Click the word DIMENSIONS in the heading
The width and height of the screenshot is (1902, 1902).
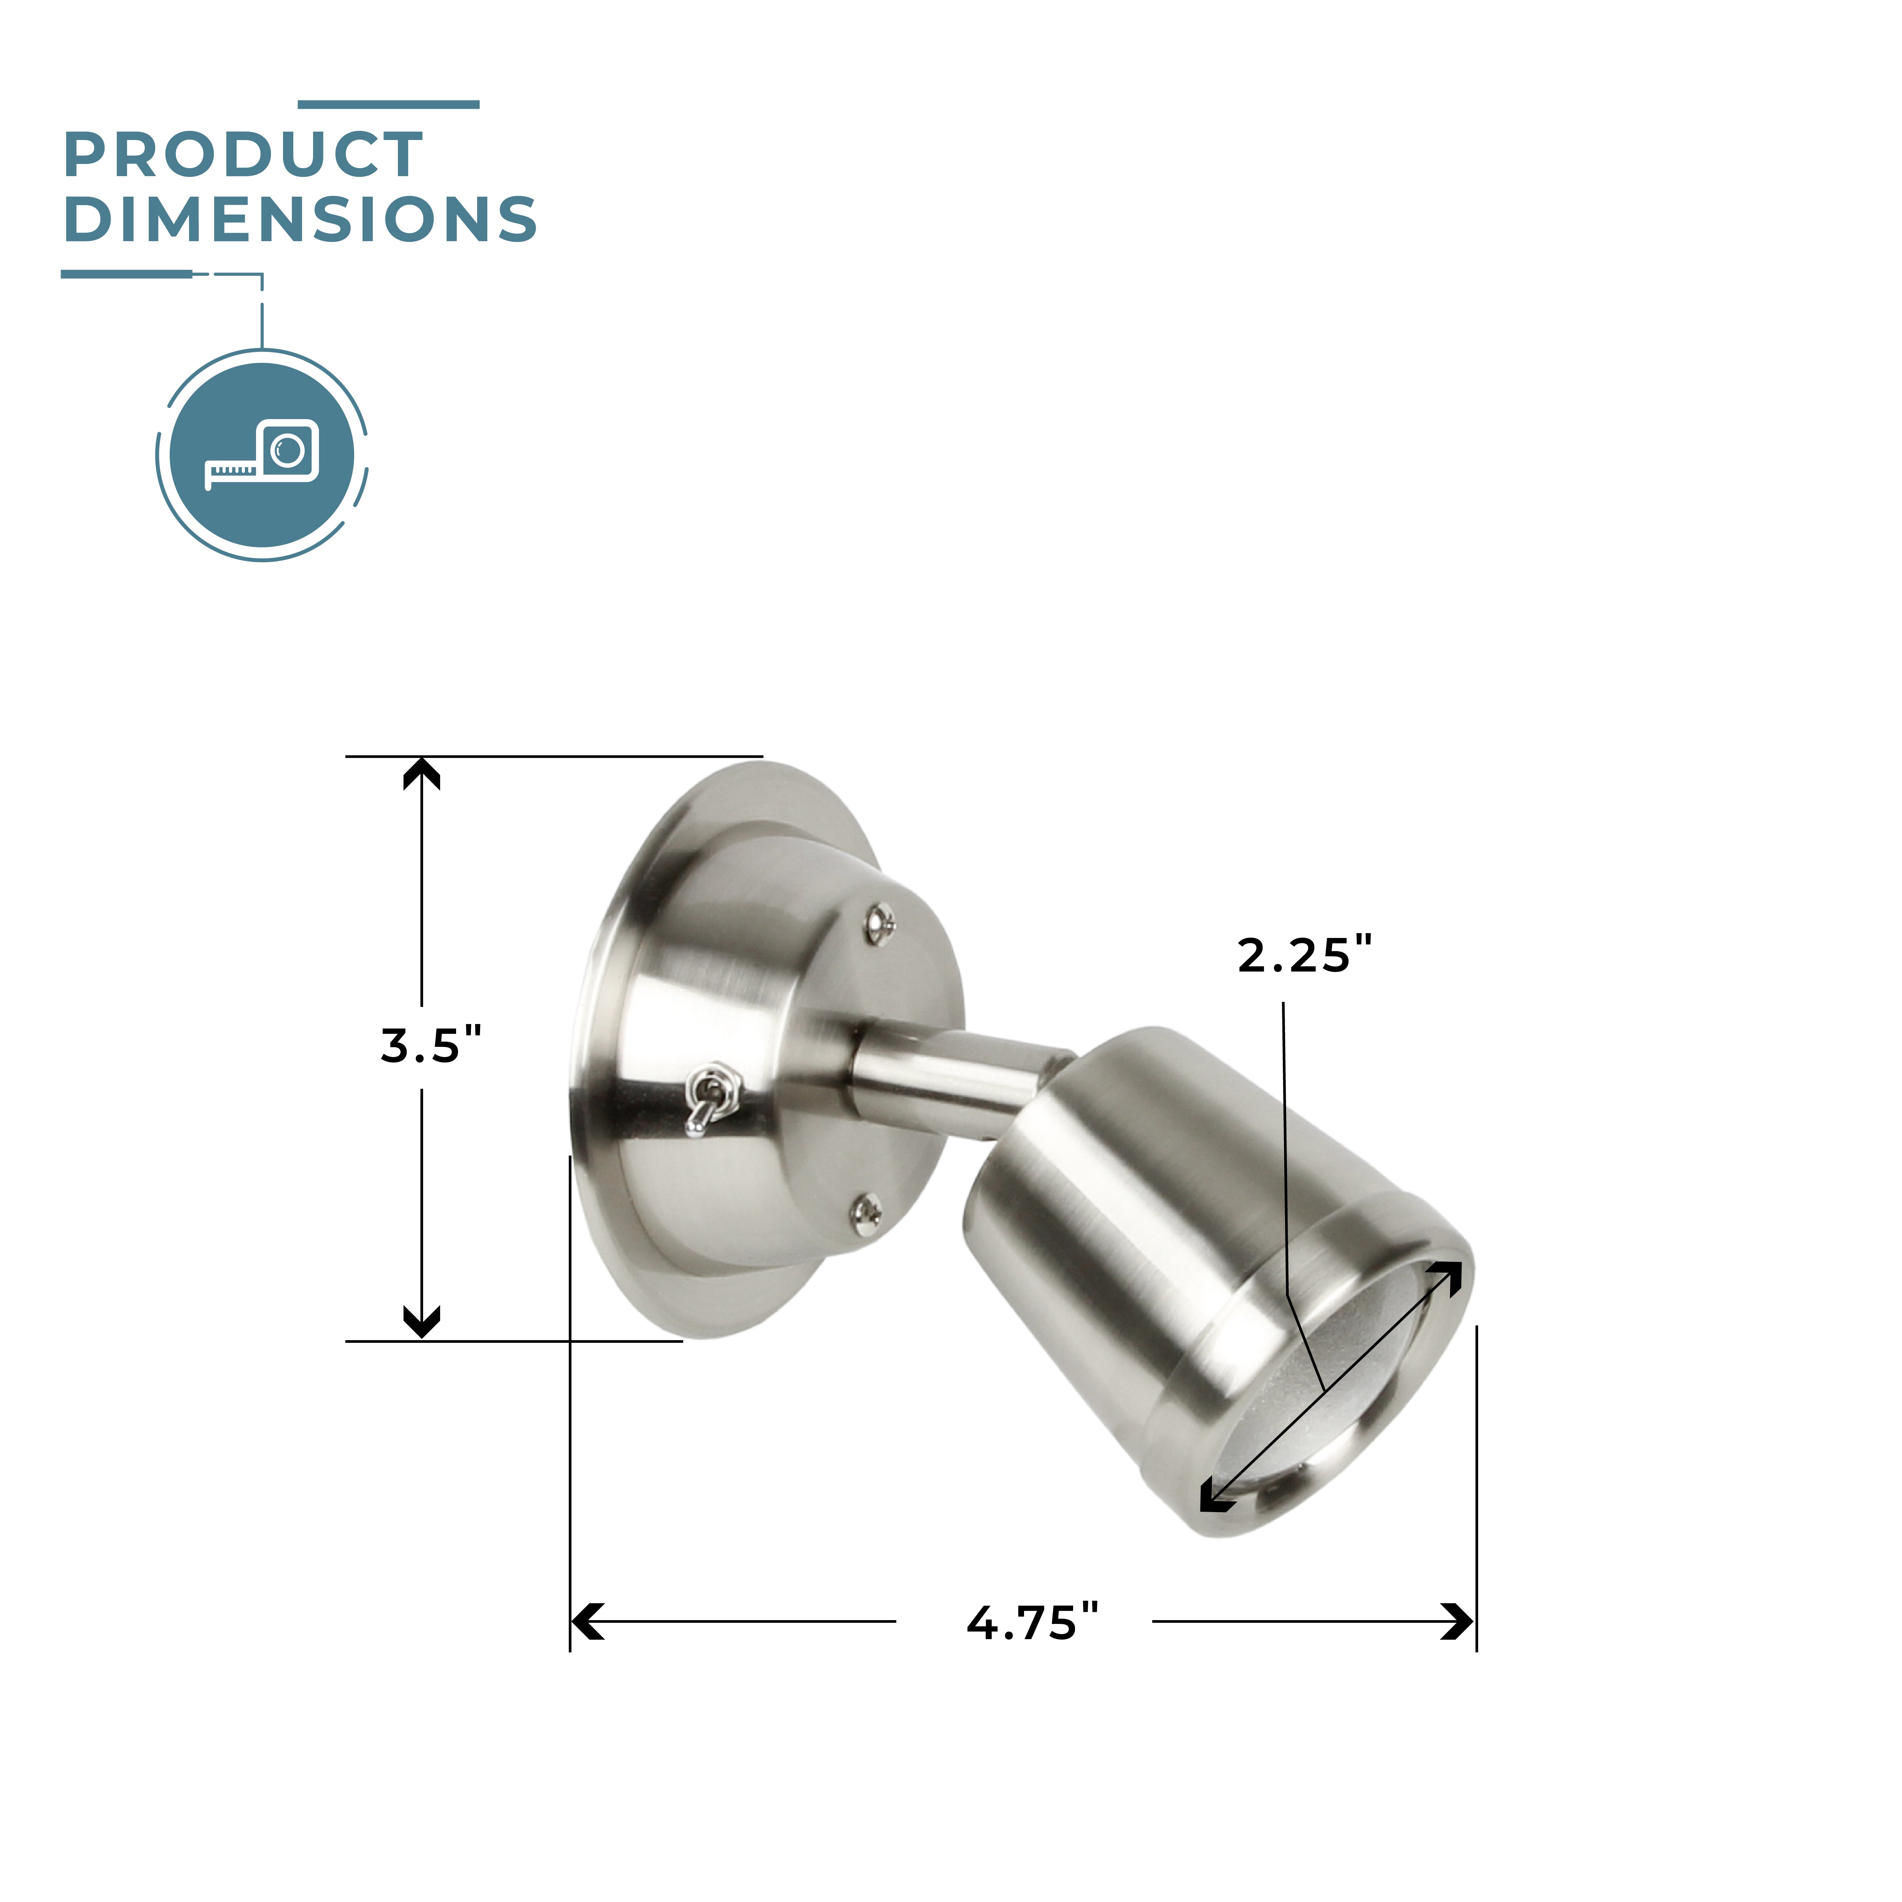coord(300,219)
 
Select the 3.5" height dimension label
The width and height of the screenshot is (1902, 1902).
coord(431,1045)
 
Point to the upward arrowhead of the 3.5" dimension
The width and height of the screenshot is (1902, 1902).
coord(421,774)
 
